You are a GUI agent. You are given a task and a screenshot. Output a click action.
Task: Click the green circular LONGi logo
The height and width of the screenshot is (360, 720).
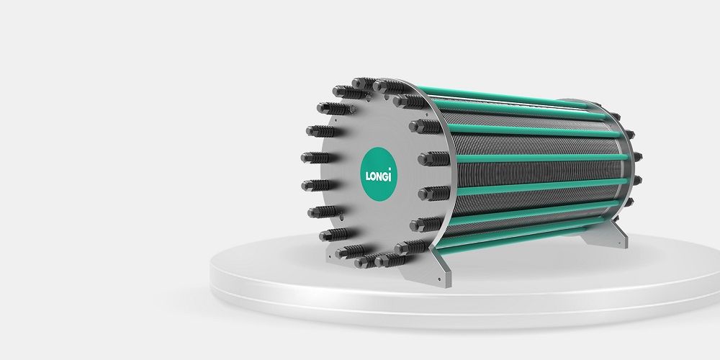(379, 174)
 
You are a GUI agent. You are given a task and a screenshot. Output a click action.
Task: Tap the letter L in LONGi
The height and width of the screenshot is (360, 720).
(368, 176)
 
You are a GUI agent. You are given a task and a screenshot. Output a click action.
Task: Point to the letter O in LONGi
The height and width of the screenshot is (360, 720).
(373, 176)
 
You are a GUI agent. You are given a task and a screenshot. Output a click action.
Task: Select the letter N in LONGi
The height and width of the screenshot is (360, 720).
(379, 176)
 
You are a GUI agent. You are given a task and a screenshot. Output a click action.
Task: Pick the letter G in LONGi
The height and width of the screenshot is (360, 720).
(386, 176)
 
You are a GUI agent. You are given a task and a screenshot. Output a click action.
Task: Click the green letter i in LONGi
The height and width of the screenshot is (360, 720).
(390, 175)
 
